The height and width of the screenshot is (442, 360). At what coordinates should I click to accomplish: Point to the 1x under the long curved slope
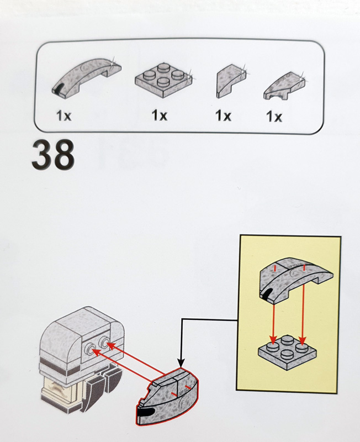click(64, 116)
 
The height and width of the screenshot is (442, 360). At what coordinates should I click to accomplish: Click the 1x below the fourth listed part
click(274, 117)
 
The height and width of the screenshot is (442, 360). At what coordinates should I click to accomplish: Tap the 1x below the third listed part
click(223, 116)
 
